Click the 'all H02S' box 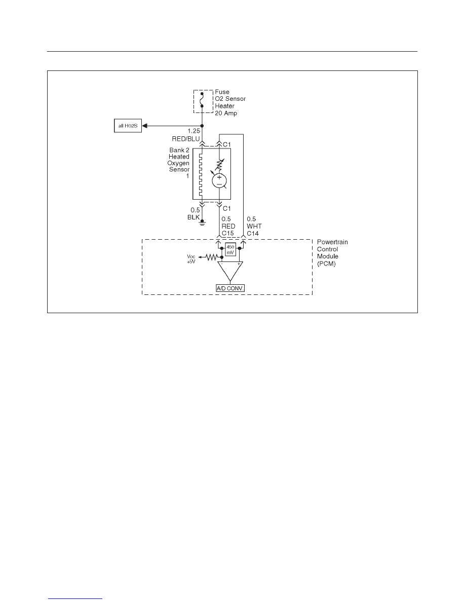(128, 126)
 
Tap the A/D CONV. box (230, 288)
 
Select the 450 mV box (230, 250)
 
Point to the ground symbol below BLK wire (202, 223)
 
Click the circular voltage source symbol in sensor (219, 181)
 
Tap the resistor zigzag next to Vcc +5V (211, 257)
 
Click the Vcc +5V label (191, 259)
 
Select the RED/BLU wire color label (186, 139)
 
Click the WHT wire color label (254, 226)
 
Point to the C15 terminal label (227, 234)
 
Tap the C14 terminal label (253, 234)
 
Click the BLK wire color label (193, 217)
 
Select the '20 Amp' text (226, 114)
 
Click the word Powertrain (332, 242)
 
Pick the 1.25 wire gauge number (193, 131)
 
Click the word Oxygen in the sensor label (178, 163)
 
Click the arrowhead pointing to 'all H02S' (145, 126)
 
